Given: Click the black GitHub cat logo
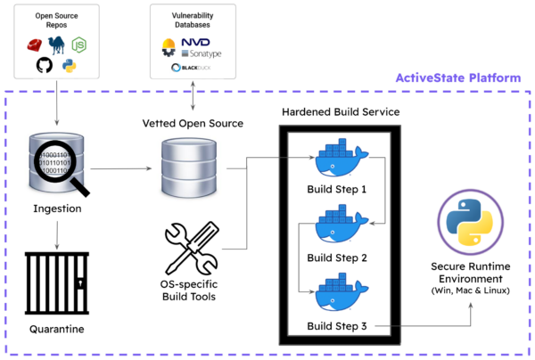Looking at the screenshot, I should coord(44,65).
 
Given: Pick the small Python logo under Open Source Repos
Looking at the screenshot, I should coord(68,66).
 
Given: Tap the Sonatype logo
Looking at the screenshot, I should coord(202,53).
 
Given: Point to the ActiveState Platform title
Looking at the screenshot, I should coord(458,78).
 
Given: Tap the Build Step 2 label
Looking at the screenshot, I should coord(337,258).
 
